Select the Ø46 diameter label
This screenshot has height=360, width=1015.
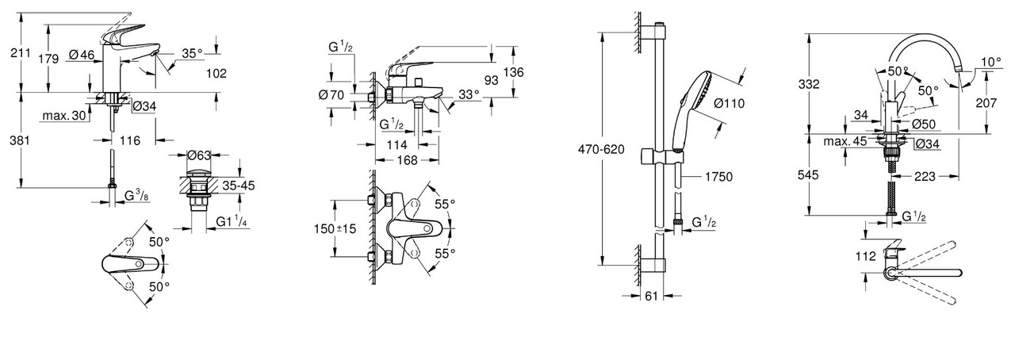click(x=82, y=55)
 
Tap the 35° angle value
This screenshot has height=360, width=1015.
click(x=192, y=52)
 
